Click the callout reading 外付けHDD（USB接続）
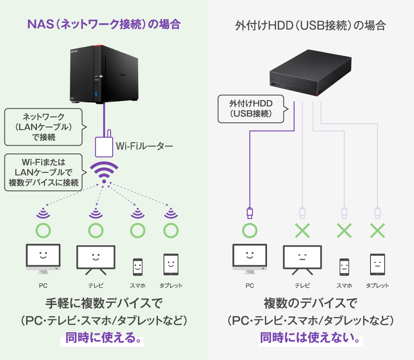pyautogui.click(x=251, y=109)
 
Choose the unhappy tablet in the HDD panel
pyautogui.click(x=377, y=265)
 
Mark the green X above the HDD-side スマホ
pyautogui.click(x=344, y=230)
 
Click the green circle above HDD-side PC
pyautogui.click(x=250, y=230)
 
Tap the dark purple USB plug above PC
pyautogui.click(x=250, y=213)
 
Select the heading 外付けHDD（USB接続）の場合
pyautogui.click(x=310, y=26)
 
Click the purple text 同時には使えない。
pyautogui.click(x=310, y=338)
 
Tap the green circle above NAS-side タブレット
pyautogui.click(x=170, y=230)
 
